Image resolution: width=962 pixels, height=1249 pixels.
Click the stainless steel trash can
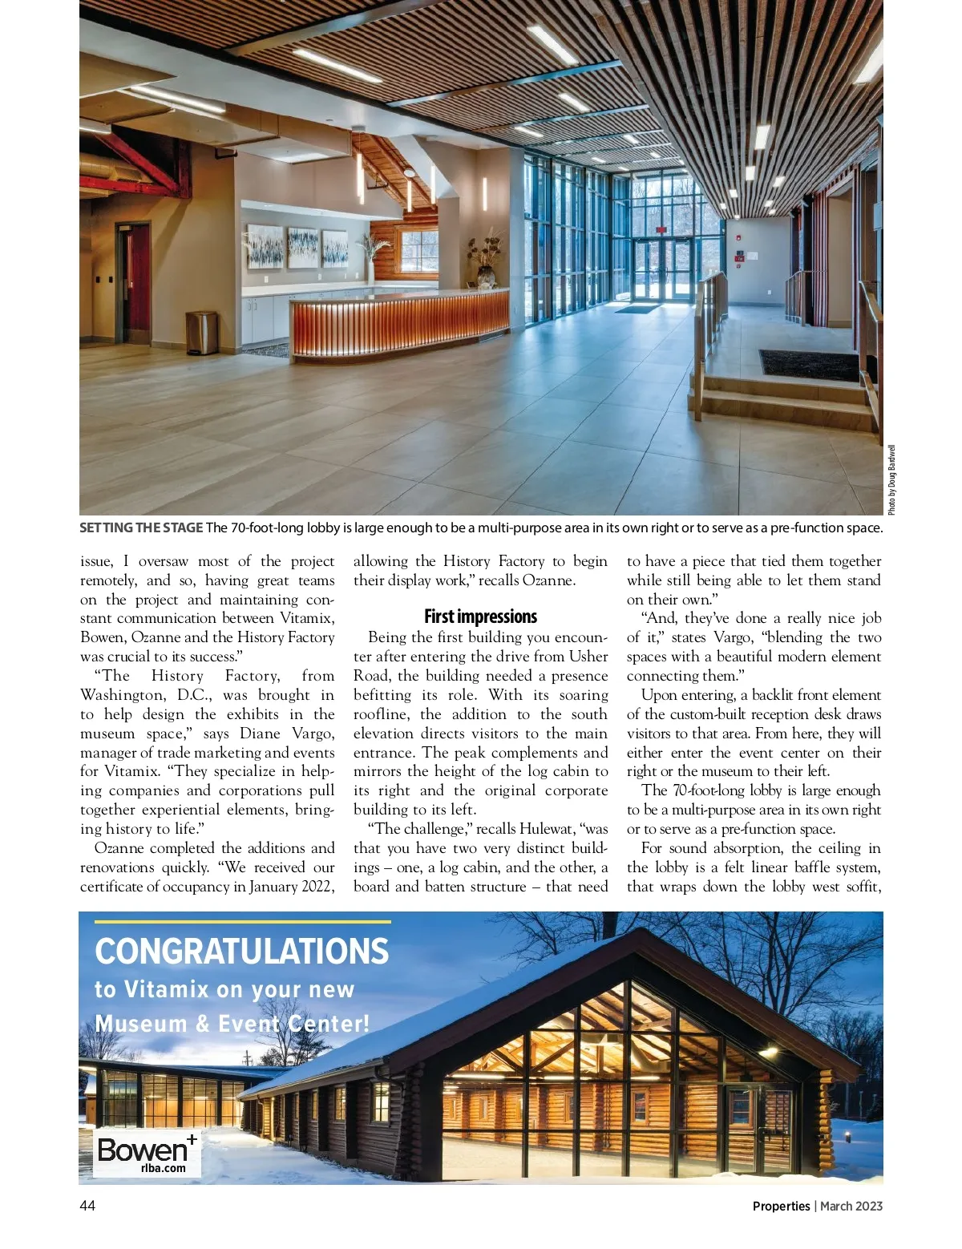(x=202, y=333)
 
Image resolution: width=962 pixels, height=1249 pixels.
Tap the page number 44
(x=87, y=1206)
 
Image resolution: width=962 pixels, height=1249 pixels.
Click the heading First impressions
(x=480, y=616)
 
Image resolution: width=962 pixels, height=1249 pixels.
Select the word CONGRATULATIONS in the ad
(x=241, y=952)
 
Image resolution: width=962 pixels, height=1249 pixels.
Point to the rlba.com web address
(x=163, y=1168)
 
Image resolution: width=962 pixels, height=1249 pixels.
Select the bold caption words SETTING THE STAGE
(x=141, y=527)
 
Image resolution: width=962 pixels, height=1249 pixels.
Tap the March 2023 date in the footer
(x=851, y=1206)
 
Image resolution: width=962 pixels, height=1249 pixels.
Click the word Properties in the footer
(x=781, y=1206)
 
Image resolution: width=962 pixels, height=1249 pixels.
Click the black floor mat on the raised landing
(x=810, y=365)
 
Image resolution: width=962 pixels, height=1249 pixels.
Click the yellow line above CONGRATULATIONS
(x=242, y=922)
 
